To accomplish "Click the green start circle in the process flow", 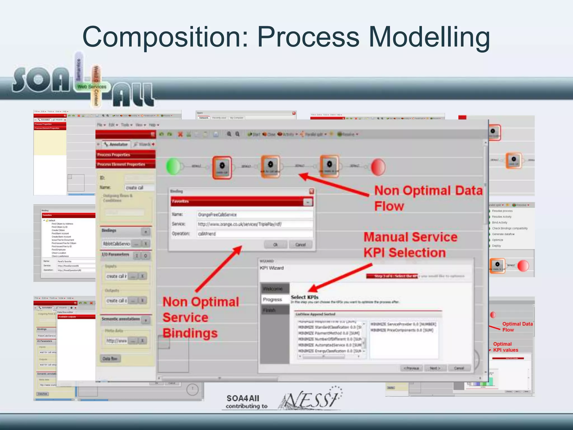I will point(173,167).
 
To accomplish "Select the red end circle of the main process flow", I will point(378,167).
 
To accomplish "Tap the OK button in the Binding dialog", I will point(276,245).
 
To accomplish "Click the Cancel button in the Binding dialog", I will point(300,245).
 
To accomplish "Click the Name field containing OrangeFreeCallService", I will point(254,215).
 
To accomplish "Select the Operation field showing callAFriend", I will point(254,234).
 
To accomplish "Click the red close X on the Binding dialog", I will point(311,191).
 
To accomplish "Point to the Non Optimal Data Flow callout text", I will point(428,198).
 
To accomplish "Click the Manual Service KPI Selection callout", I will point(410,245).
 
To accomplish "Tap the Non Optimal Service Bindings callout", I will point(201,317).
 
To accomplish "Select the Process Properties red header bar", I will point(126,155).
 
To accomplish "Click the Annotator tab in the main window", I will point(116,144).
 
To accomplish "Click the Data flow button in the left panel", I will point(110,359).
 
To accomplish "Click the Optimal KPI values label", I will point(505,347).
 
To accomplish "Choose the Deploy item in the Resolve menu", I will point(496,246).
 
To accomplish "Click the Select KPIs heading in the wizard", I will point(304,297).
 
